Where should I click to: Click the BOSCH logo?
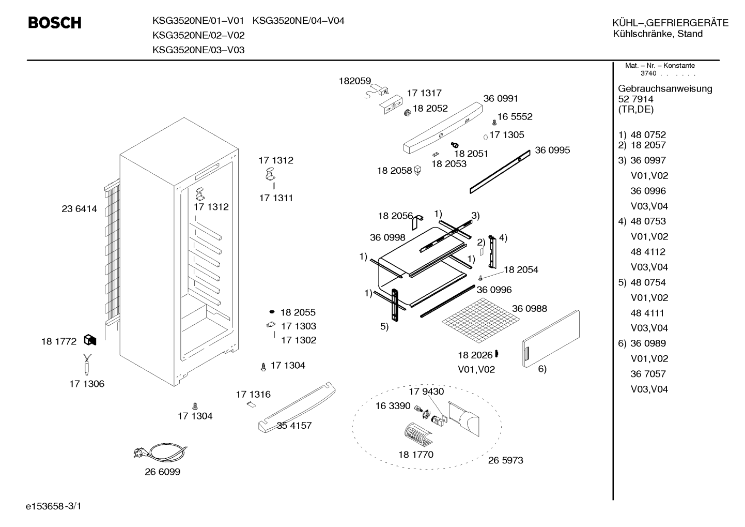pyautogui.click(x=55, y=23)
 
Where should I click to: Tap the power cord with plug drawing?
pyautogui.click(x=160, y=452)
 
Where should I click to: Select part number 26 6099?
pyautogui.click(x=162, y=472)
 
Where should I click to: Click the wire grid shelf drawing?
pyautogui.click(x=481, y=320)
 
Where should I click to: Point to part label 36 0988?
pyautogui.click(x=530, y=309)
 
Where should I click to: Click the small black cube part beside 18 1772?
pyautogui.click(x=90, y=340)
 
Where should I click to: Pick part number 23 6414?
pyautogui.click(x=79, y=209)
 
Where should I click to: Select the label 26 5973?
pyautogui.click(x=505, y=460)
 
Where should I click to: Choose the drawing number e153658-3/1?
pyautogui.click(x=54, y=506)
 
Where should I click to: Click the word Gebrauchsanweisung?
pyautogui.click(x=665, y=89)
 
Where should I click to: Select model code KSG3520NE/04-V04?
pyautogui.click(x=298, y=21)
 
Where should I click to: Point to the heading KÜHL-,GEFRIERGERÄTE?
pyautogui.click(x=671, y=23)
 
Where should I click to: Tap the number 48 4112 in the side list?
pyautogui.click(x=648, y=252)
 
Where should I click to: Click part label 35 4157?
pyautogui.click(x=294, y=426)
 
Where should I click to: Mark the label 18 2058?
pyautogui.click(x=394, y=171)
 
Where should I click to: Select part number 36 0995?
pyautogui.click(x=552, y=150)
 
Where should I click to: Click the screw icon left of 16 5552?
pyautogui.click(x=494, y=123)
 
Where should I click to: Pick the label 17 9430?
pyautogui.click(x=426, y=391)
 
